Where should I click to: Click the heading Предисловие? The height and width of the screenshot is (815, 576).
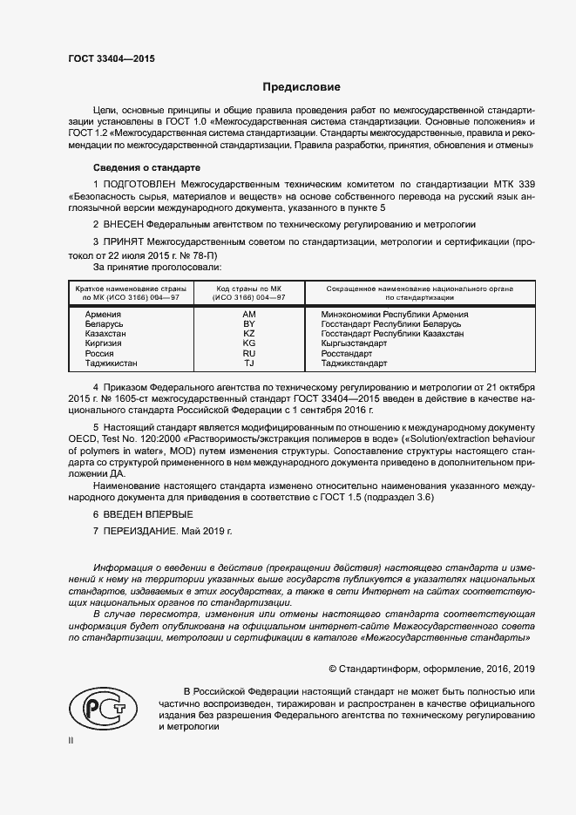[x=302, y=87]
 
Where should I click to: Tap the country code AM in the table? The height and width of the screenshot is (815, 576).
[x=248, y=314]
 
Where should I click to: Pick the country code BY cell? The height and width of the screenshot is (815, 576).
[x=248, y=324]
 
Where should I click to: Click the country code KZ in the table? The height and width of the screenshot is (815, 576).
[x=248, y=334]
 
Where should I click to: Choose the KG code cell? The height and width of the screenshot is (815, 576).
[x=248, y=343]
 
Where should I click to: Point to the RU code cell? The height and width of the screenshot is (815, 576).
[x=248, y=354]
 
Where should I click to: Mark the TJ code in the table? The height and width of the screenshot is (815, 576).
[x=248, y=363]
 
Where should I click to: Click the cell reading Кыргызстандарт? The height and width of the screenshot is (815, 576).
[x=354, y=343]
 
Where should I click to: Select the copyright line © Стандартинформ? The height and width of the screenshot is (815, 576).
[x=430, y=669]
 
